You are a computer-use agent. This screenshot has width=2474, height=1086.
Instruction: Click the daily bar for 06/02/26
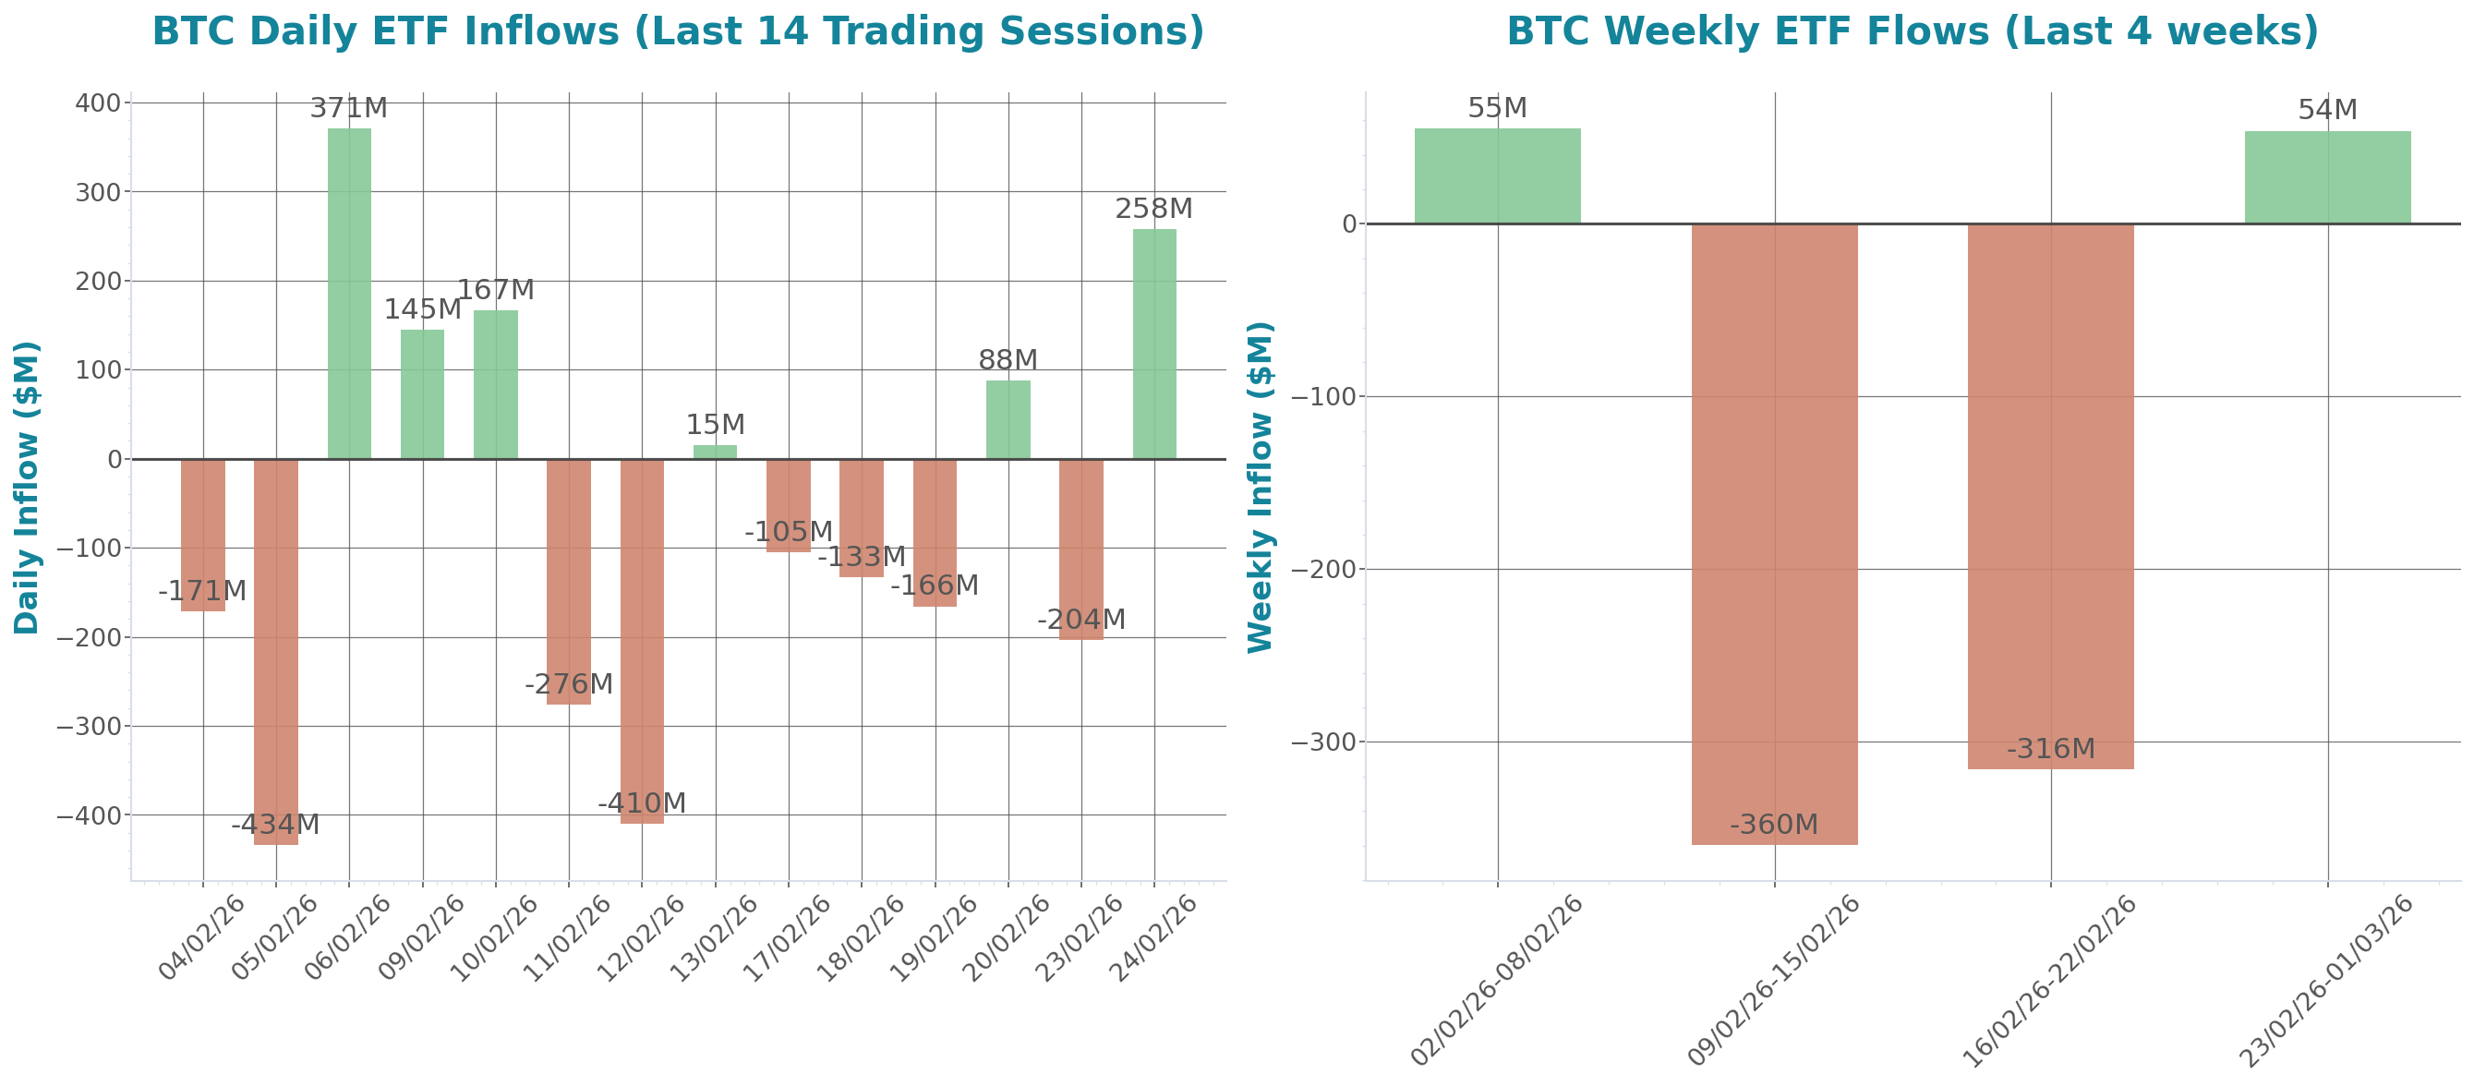(x=349, y=293)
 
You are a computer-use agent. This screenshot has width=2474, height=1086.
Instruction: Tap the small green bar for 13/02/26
(x=715, y=452)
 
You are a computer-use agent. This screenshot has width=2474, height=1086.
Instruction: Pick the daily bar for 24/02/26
(x=1153, y=344)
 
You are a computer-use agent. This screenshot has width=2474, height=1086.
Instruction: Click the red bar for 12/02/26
(x=642, y=641)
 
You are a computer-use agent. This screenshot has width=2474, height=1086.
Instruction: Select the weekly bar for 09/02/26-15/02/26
(x=1774, y=534)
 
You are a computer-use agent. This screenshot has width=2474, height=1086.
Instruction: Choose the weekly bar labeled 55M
(x=1497, y=175)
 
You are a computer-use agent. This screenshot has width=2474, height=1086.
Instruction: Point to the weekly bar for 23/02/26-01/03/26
(x=2327, y=177)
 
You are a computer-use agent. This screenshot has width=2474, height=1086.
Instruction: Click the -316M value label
(x=2050, y=748)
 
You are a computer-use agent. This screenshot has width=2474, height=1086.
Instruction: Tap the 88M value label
(x=1008, y=360)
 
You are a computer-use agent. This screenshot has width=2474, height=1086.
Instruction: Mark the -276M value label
(x=569, y=684)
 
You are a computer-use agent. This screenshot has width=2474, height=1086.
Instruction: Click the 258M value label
(x=1153, y=209)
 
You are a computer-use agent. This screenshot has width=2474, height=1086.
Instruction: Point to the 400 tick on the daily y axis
(x=98, y=103)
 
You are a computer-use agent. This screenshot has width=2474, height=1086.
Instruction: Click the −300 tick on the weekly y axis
(x=1322, y=742)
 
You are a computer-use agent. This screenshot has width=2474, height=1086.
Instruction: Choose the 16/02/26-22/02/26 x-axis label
(x=2047, y=982)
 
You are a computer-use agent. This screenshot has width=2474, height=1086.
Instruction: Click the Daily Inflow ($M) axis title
(x=27, y=487)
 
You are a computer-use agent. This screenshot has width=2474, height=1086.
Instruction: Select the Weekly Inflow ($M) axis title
(x=1260, y=487)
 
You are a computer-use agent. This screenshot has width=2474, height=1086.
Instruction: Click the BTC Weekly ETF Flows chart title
(x=1913, y=31)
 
